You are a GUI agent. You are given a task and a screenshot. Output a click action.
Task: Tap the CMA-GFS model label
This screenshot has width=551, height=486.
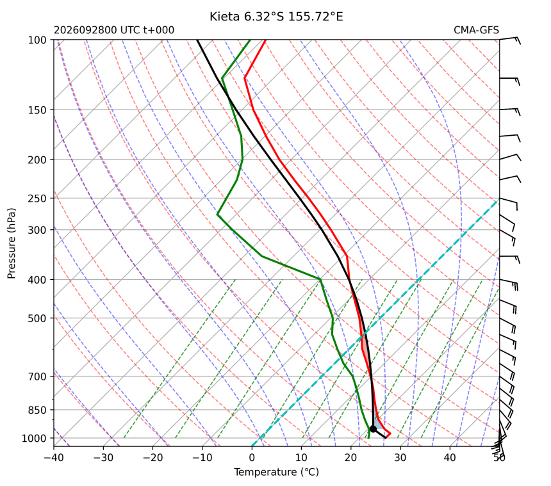(476, 30)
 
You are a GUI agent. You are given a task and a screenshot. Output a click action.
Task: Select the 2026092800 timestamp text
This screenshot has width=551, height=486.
(85, 30)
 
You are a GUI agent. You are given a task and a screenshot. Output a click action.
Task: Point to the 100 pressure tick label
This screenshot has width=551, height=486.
(37, 40)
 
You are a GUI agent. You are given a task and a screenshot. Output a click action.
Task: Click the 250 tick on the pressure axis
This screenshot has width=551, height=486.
(37, 198)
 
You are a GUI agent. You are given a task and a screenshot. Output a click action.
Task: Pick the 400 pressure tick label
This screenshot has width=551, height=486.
(37, 280)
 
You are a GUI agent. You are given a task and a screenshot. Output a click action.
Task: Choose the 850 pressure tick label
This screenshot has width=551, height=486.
(37, 410)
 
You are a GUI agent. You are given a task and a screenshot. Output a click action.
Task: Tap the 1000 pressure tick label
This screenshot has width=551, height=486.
(34, 438)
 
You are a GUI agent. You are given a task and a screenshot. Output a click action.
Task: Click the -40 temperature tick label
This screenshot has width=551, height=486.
(54, 458)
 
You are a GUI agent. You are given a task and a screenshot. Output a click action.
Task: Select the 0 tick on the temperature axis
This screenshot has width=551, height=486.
(252, 458)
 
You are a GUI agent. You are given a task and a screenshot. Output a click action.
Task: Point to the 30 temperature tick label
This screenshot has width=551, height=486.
(400, 458)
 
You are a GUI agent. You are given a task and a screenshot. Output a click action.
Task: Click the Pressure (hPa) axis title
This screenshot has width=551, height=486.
(12, 243)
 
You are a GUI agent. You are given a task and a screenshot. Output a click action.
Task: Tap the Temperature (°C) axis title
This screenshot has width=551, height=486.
(277, 473)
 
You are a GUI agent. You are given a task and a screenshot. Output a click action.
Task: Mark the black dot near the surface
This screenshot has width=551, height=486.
(373, 429)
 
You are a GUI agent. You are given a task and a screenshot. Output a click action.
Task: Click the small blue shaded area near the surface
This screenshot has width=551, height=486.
(378, 424)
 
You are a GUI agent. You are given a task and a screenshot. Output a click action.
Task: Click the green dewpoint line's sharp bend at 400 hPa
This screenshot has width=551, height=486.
(320, 279)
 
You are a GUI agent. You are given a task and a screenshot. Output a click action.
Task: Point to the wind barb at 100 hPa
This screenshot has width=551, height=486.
(510, 40)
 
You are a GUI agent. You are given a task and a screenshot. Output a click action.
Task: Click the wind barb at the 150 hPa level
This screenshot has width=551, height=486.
(510, 111)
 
